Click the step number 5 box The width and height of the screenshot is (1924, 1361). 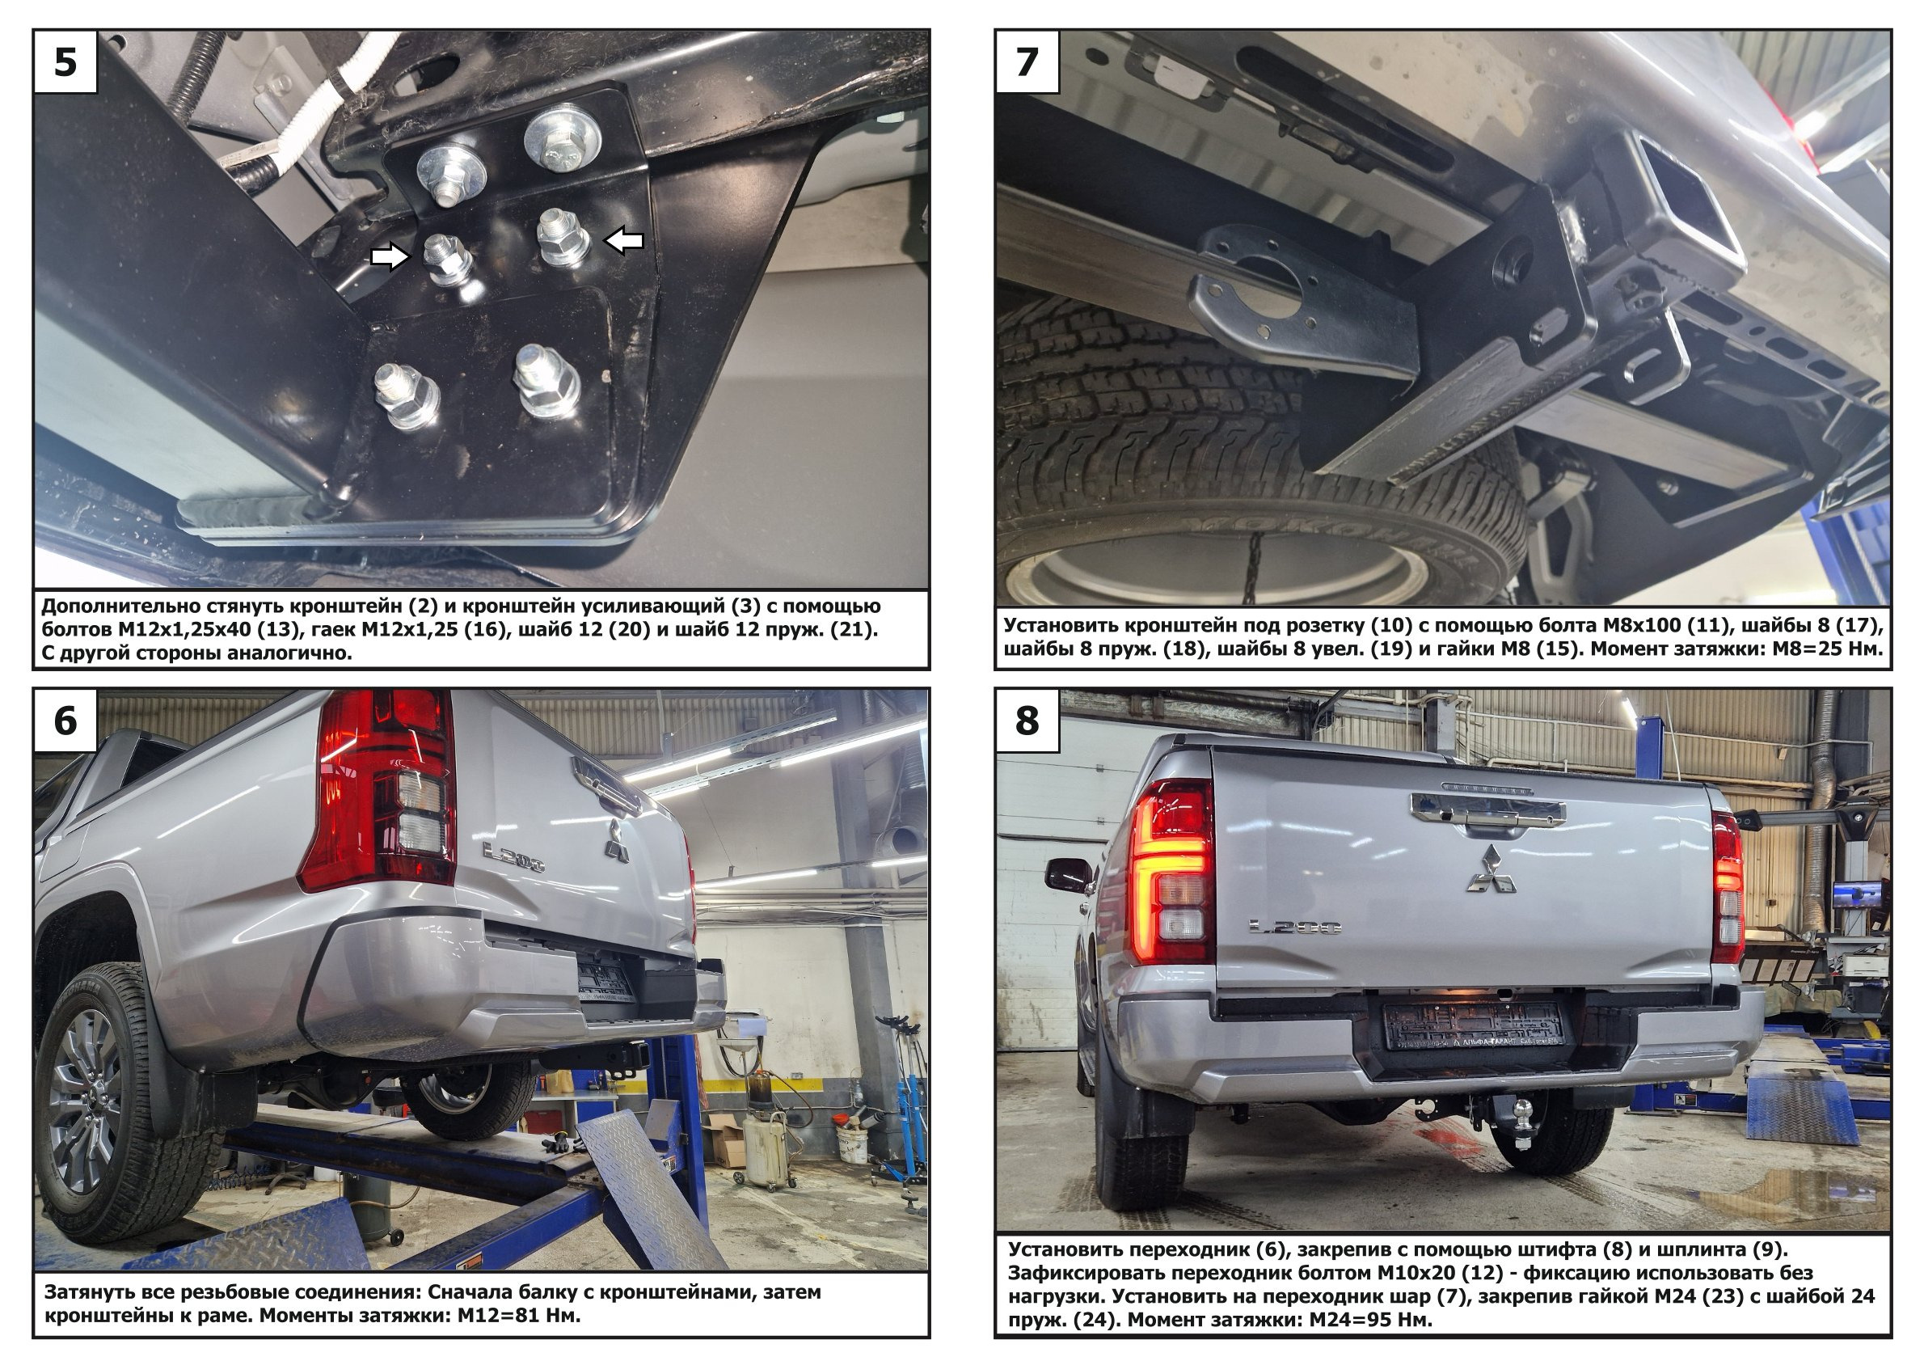[x=65, y=62]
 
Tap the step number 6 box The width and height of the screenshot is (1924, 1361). [x=65, y=721]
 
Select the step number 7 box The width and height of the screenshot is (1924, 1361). [x=1027, y=62]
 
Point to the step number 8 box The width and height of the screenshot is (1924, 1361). [x=1027, y=721]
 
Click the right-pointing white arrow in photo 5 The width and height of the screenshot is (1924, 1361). [x=391, y=257]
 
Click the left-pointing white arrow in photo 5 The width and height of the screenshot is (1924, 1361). [x=624, y=241]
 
